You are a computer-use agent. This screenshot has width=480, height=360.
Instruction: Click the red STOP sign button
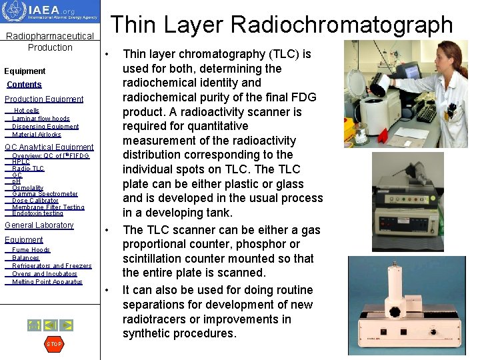click(53, 344)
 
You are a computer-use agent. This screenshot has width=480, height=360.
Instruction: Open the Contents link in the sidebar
click(24, 85)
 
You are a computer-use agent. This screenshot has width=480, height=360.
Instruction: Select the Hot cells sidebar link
click(27, 111)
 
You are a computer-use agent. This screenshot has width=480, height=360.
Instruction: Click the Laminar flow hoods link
click(41, 119)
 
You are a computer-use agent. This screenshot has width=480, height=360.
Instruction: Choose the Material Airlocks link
click(37, 135)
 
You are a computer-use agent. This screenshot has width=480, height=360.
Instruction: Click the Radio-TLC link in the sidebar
click(28, 169)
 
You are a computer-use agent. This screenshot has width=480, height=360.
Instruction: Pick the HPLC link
click(21, 162)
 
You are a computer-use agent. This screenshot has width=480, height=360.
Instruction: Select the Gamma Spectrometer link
click(45, 194)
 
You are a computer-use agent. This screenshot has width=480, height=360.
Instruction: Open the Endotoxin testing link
click(37, 213)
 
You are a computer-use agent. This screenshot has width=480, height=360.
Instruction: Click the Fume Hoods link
click(31, 250)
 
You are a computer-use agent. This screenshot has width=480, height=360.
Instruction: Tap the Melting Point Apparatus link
click(47, 282)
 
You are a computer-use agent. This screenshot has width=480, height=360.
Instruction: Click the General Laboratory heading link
click(39, 225)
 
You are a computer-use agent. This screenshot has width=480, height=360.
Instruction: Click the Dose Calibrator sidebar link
click(35, 201)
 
